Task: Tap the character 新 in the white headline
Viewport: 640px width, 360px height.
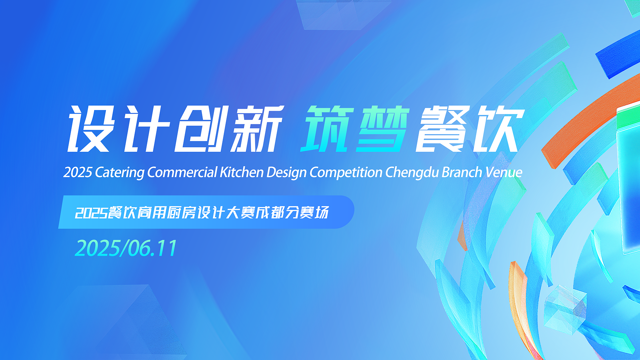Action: pyautogui.click(x=257, y=129)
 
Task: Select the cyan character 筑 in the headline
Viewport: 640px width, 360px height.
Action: pyautogui.click(x=327, y=129)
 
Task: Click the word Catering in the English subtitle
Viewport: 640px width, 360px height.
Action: pyautogui.click(x=120, y=173)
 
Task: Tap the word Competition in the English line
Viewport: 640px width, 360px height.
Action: pyautogui.click(x=346, y=173)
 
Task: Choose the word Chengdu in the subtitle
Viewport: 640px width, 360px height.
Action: pyautogui.click(x=412, y=173)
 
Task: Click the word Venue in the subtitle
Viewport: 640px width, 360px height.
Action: pyautogui.click(x=504, y=172)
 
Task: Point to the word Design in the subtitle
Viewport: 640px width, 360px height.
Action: pyautogui.click(x=286, y=173)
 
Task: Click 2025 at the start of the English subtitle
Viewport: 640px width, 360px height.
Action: pyautogui.click(x=78, y=172)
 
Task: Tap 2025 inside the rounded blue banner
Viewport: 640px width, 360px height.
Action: pyautogui.click(x=91, y=213)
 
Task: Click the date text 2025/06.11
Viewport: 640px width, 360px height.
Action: pyautogui.click(x=126, y=248)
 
